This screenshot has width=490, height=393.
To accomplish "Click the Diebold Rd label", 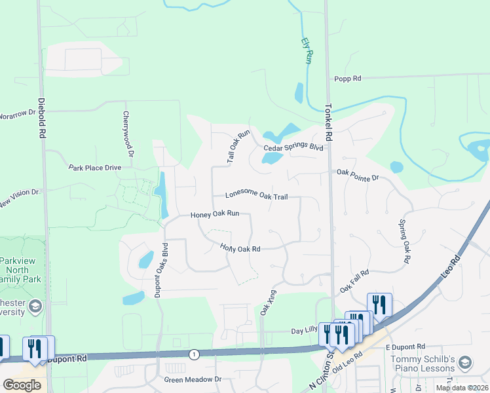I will point(41,119).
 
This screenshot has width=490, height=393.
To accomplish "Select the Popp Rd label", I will point(347,79).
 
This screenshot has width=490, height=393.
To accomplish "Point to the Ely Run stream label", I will point(307,50).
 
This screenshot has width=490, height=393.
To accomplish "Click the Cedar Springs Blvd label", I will point(293,148).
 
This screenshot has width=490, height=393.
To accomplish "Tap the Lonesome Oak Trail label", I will point(257,195).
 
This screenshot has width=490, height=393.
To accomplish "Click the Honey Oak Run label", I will point(219,214).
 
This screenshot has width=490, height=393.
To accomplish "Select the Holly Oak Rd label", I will point(240,249).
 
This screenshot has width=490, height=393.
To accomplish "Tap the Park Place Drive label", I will point(95,168).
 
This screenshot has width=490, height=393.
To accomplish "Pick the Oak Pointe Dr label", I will point(358,175).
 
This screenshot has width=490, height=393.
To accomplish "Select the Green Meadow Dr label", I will point(193,379).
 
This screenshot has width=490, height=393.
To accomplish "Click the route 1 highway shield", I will point(194,354).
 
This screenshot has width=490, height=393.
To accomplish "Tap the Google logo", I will point(22,385).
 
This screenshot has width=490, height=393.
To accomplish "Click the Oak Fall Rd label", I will point(354,281).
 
